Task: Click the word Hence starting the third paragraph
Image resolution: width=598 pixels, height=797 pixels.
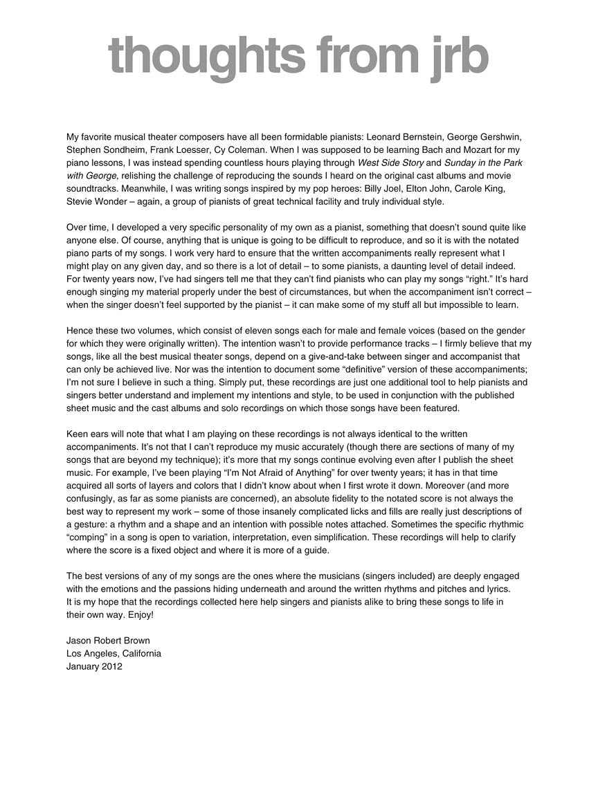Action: pos(80,331)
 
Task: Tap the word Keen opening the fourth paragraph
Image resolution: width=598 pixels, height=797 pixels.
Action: pos(78,434)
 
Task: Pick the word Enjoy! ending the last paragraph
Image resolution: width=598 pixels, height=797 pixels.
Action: pos(141,614)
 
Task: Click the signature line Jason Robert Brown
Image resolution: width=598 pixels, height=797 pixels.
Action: pos(108,640)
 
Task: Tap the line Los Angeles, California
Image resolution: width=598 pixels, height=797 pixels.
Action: pos(114,653)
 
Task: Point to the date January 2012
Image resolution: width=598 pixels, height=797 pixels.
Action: pos(94,666)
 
